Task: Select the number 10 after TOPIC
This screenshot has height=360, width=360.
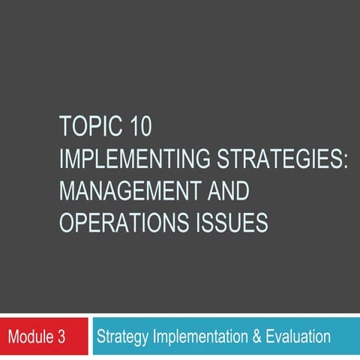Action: [139, 127]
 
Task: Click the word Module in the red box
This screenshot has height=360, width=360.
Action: [29, 337]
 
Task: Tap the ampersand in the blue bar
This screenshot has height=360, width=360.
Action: [256, 337]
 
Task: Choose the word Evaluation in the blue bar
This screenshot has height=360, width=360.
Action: [298, 337]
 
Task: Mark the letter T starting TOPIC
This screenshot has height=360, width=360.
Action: [64, 127]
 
